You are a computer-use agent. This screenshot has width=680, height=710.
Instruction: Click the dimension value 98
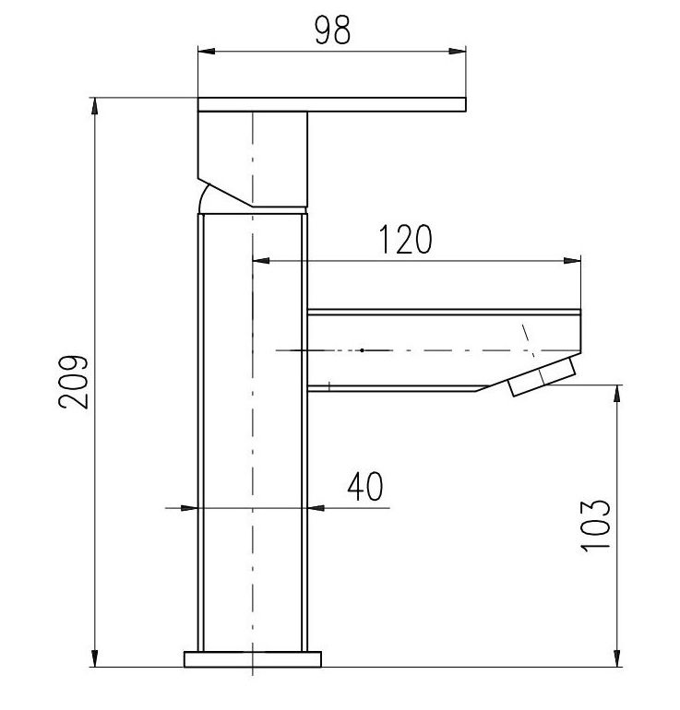click(x=332, y=30)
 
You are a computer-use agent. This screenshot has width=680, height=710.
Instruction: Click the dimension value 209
click(x=75, y=381)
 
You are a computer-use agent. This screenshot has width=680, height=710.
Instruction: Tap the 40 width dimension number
click(x=365, y=486)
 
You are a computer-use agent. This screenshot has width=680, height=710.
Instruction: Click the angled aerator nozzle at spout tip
click(x=543, y=379)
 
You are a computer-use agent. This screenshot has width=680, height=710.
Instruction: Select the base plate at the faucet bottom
click(x=253, y=658)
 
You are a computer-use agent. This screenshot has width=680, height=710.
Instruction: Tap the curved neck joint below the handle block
click(x=207, y=198)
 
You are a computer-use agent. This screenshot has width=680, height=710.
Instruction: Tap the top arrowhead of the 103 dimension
click(x=616, y=393)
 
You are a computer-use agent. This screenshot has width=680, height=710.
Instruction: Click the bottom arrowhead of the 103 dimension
click(x=616, y=658)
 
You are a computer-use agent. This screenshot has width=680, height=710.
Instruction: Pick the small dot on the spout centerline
click(x=363, y=350)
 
